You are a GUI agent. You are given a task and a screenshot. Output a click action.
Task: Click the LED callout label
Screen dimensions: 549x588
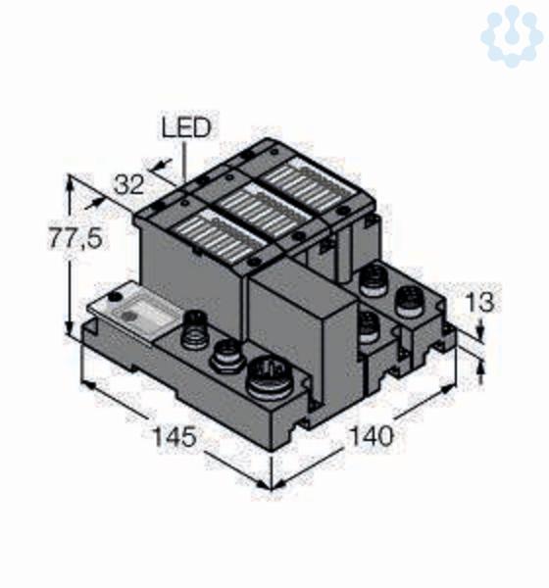tap(186, 127)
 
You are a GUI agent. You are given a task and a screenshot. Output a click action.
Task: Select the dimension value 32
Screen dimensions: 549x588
tap(129, 185)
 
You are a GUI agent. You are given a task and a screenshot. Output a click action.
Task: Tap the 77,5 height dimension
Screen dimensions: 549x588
tap(75, 238)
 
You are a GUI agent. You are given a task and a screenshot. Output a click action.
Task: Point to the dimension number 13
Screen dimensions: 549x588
tap(479, 302)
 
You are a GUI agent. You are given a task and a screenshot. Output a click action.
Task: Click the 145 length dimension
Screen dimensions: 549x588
tap(175, 436)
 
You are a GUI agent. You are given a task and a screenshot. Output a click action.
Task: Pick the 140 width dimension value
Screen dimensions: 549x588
tap(372, 436)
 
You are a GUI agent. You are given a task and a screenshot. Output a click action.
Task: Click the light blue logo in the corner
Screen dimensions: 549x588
tap(512, 35)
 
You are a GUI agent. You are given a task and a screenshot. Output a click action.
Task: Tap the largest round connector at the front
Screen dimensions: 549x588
tap(272, 378)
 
